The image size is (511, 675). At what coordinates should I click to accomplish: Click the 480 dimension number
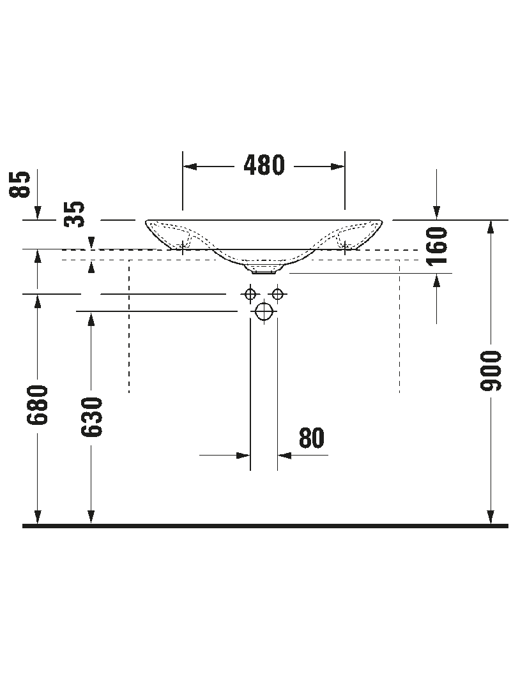[264, 166]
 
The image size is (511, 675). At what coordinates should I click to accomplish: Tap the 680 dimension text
[38, 404]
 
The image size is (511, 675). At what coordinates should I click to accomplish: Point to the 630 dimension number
[92, 417]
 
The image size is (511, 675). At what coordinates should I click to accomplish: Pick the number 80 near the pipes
[312, 438]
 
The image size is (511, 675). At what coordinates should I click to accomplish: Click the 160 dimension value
[437, 246]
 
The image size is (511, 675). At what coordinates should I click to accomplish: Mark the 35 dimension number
[75, 214]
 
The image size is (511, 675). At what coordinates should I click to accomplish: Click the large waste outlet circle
[264, 311]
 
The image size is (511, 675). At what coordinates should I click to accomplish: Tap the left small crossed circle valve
[250, 294]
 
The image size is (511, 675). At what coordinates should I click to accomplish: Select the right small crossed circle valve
[277, 294]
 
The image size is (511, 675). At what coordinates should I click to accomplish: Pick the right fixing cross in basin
[345, 244]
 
